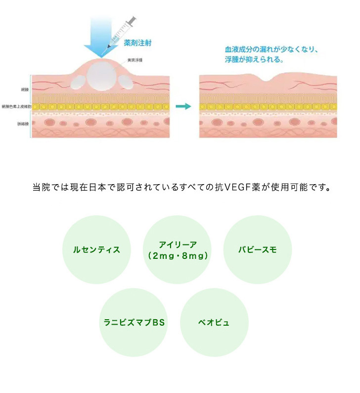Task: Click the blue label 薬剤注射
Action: point(137,43)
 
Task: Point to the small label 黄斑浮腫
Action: point(135,60)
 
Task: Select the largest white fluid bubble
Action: point(102,77)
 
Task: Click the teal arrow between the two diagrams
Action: point(183,106)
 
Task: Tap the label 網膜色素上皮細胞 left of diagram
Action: point(16,106)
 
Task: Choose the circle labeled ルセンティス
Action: point(96,249)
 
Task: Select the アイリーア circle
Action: point(178,249)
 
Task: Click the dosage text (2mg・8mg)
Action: point(178,256)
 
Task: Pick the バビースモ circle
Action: point(258,249)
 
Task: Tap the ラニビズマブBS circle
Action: point(134,322)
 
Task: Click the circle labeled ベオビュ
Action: point(214,322)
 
